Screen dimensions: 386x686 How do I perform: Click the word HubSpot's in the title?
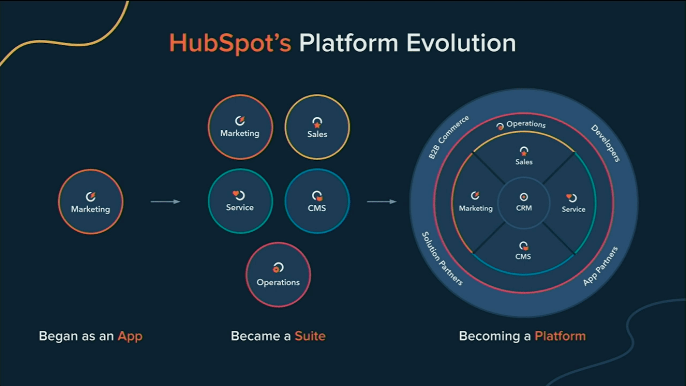[x=230, y=43]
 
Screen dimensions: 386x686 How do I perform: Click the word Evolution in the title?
[x=461, y=43]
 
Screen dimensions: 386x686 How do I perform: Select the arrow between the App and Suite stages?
[x=165, y=202]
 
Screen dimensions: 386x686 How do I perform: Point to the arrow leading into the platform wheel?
[x=382, y=202]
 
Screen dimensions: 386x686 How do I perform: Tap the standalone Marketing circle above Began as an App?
[x=91, y=202]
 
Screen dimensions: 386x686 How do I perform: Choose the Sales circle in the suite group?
[x=317, y=127]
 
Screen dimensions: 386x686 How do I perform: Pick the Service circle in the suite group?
[x=240, y=201]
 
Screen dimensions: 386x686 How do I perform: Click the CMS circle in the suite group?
[x=317, y=201]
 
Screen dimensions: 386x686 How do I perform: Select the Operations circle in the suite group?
[x=278, y=275]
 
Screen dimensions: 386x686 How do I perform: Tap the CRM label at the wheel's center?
[x=524, y=208]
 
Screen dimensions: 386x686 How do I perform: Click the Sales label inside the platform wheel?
[x=524, y=162]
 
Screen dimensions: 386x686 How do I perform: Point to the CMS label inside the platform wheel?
[x=523, y=257]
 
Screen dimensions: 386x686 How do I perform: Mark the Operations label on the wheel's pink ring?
[x=526, y=124]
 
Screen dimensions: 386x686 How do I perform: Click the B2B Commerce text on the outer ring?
[x=448, y=137]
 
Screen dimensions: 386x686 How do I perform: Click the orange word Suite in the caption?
[x=310, y=336]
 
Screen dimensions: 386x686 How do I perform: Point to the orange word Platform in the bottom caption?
[x=560, y=336]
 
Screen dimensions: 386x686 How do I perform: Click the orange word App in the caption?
[x=130, y=336]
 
